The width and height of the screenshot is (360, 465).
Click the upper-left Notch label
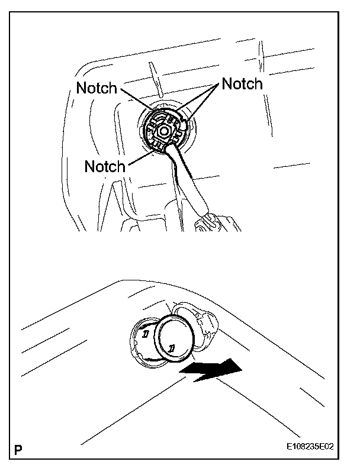tap(97, 89)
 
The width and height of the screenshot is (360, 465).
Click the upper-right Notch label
tap(242, 84)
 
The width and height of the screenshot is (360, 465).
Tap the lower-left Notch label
tap(105, 166)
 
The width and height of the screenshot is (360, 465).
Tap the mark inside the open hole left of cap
tap(145, 335)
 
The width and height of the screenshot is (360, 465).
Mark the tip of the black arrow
tap(242, 367)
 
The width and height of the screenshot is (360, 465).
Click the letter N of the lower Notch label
tap(89, 166)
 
